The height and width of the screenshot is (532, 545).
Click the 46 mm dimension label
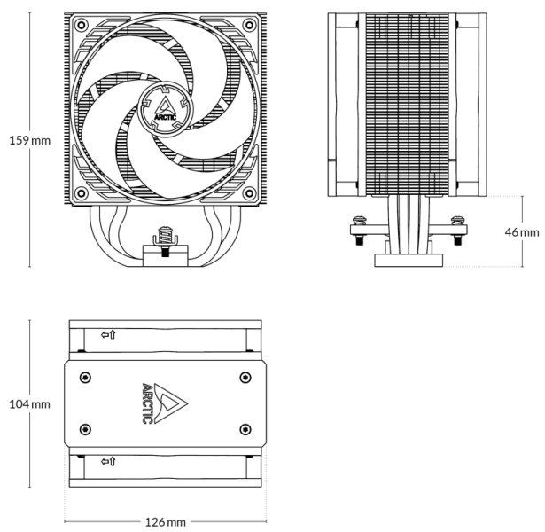point(522,231)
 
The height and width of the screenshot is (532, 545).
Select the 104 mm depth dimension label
point(29,404)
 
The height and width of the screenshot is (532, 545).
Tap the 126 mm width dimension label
point(165,521)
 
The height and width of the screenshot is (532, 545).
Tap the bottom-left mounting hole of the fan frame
point(82,192)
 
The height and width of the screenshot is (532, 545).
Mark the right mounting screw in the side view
point(458,226)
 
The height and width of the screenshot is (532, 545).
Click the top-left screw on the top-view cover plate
point(85,377)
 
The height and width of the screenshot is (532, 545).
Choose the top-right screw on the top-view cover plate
point(245,377)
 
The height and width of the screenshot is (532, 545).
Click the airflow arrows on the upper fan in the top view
point(108,335)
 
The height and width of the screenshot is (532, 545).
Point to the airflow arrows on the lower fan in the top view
point(108,461)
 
